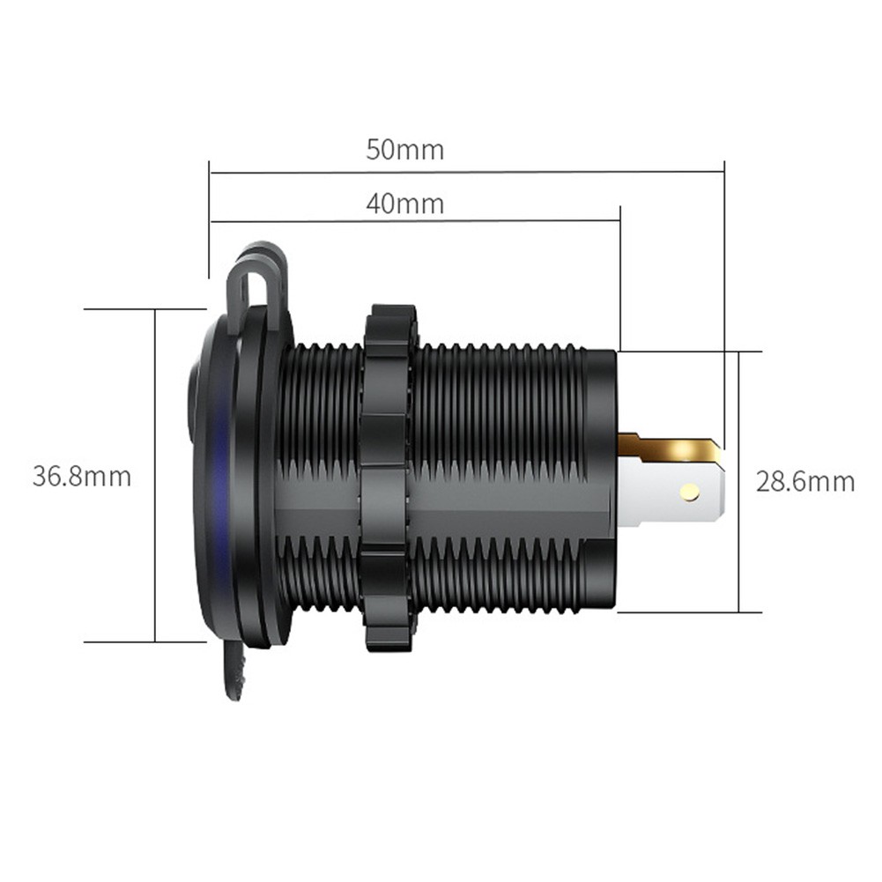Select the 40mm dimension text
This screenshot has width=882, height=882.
tap(404, 204)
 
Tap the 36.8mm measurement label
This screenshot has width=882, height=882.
tap(82, 477)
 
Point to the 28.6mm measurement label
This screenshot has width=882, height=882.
tap(805, 482)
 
